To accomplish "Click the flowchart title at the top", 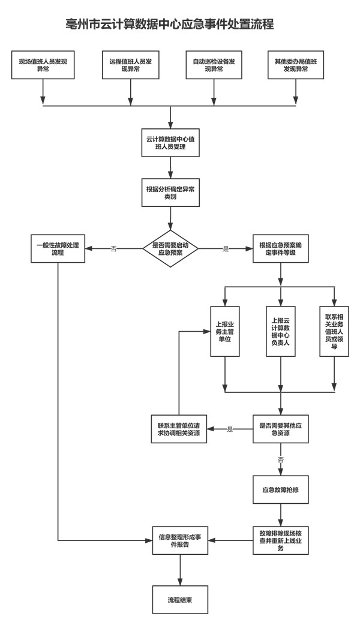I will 170,25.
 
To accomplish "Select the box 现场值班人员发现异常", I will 43,65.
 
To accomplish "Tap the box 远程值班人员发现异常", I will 131,65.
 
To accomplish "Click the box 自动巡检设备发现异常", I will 214,65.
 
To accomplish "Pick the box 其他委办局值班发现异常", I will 296,65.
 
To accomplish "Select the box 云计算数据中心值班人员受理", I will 170,143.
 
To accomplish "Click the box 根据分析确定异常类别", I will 170,193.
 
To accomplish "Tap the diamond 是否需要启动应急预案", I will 170,249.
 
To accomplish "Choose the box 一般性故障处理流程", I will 58,249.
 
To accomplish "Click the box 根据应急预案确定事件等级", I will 281,249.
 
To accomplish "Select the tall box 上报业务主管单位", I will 224,331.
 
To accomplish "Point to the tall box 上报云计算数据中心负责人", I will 281,331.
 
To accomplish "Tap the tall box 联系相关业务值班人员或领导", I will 335,331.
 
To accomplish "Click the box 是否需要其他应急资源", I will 281,429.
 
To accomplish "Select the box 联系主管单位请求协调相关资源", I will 178,429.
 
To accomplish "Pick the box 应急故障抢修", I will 281,490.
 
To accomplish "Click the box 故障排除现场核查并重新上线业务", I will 281,540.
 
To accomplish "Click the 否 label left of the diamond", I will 114,248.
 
